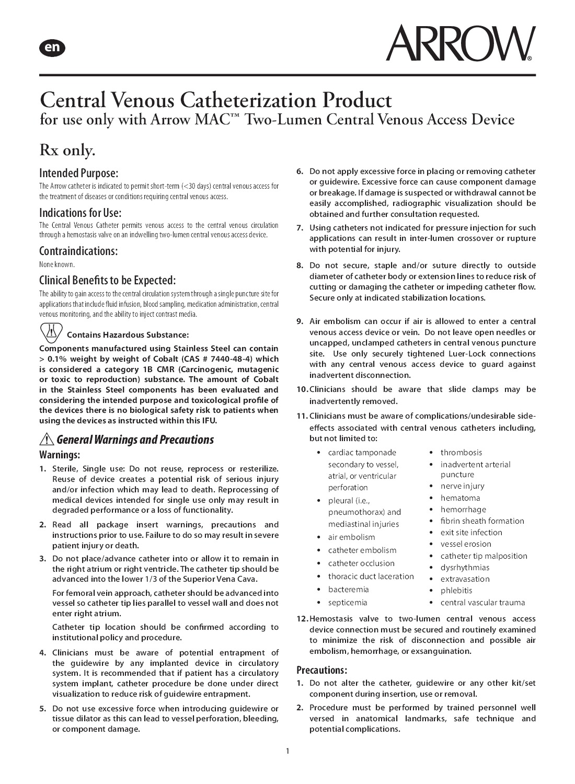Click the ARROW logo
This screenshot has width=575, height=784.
461,43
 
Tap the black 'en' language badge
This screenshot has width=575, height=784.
52,48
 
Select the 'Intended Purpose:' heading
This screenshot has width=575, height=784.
79,173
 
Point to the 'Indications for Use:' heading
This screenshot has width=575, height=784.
80,213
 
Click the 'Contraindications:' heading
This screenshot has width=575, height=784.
78,251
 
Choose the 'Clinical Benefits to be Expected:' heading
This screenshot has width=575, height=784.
108,279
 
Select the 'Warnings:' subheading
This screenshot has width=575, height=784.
60,455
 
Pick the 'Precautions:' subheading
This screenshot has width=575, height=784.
322,670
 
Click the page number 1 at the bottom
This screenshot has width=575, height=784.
287,752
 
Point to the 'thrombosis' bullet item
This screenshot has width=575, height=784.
461,453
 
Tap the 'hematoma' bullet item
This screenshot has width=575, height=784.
460,498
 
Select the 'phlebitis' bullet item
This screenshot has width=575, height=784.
456,591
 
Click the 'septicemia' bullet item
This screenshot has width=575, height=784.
348,603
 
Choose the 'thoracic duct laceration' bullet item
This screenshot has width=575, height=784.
371,577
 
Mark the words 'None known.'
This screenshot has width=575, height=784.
57,264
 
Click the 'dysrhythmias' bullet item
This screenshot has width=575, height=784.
465,568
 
